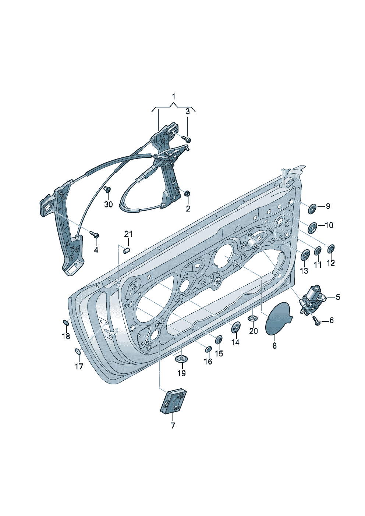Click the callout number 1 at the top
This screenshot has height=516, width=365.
(173, 97)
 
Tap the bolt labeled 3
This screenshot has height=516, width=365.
(187, 139)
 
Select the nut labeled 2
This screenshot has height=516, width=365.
(187, 193)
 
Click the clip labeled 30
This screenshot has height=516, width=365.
(108, 190)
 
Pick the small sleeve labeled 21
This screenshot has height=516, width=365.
(127, 250)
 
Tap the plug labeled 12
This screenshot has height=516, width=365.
(330, 249)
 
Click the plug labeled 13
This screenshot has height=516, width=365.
(305, 256)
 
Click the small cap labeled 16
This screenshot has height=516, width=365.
(208, 348)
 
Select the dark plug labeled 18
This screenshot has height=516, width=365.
(66, 323)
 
